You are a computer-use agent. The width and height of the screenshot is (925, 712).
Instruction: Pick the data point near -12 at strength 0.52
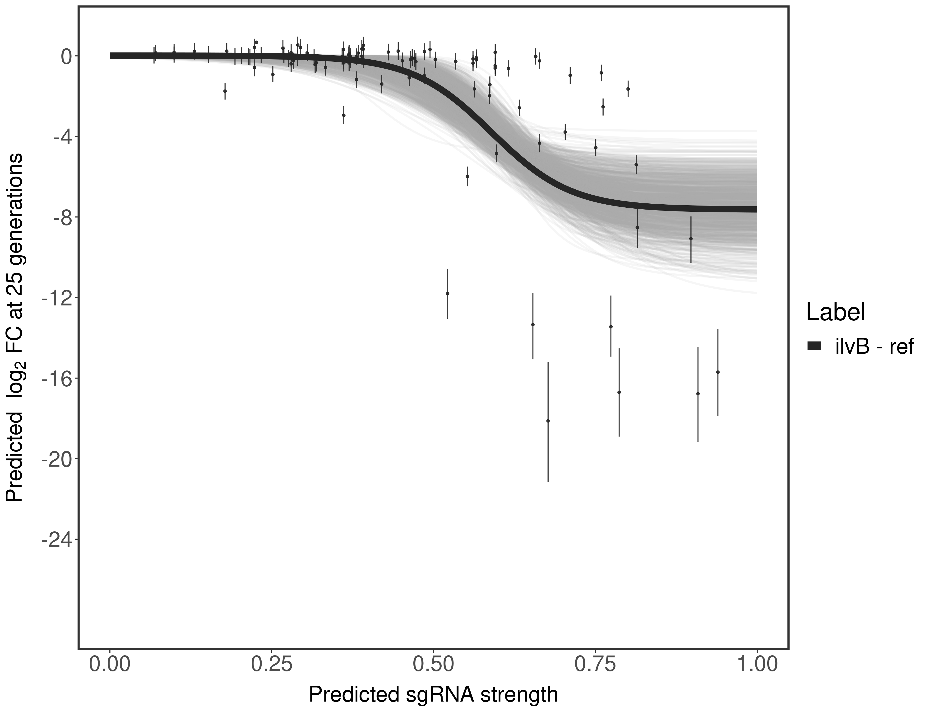447,293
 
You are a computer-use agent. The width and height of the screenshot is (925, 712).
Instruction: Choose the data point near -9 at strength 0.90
691,239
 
